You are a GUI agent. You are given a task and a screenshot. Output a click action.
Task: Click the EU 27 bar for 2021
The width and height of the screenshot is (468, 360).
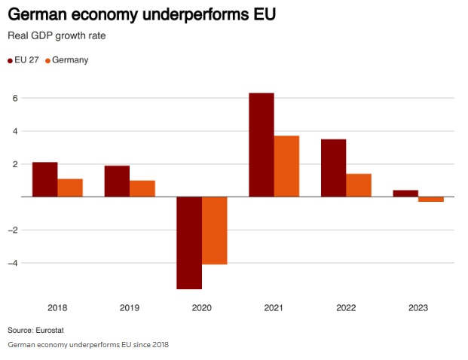[262, 145]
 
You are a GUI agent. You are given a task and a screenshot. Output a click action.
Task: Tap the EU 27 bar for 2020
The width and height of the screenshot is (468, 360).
[189, 243]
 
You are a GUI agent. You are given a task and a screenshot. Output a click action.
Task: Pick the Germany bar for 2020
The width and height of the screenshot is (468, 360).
[214, 230]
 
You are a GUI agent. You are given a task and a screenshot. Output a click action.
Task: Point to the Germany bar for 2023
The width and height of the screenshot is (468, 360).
[431, 199]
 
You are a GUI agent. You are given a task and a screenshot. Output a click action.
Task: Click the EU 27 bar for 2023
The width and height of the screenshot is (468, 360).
[405, 194]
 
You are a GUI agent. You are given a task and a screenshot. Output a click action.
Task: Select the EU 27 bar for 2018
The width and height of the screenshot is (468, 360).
[44, 179]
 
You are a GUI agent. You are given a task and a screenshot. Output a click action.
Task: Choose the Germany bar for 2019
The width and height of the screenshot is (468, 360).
[142, 188]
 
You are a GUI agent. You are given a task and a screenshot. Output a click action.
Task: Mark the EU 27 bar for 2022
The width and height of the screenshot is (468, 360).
[334, 168]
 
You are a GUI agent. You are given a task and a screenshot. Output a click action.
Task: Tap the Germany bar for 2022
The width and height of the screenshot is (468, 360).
[359, 185]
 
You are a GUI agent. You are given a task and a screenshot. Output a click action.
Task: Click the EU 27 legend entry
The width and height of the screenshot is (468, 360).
[26, 59]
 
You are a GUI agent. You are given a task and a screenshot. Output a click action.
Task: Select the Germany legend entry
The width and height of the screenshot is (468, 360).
[69, 59]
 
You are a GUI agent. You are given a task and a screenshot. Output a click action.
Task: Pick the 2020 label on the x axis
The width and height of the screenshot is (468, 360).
[201, 307]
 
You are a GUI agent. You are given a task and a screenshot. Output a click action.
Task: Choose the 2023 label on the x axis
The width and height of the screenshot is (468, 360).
[418, 307]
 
